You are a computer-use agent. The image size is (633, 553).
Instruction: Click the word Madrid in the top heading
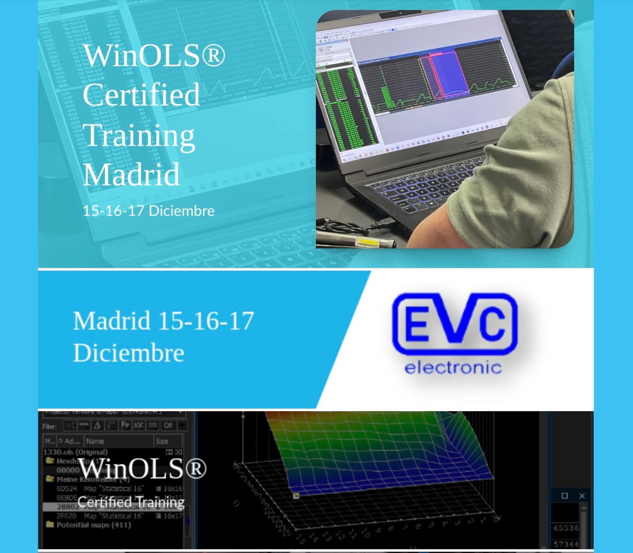coord(131,175)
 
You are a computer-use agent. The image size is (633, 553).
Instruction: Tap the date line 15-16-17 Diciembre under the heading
coord(149,211)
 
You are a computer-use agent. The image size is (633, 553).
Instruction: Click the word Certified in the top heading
coord(141,95)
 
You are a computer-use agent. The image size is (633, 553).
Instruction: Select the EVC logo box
coord(454,324)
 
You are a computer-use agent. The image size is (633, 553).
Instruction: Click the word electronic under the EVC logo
coord(453,367)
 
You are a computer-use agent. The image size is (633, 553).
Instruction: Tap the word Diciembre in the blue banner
coord(129,353)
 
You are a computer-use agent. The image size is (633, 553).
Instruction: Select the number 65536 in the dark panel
coord(566,527)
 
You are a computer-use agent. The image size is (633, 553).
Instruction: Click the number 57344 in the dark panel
coord(566,544)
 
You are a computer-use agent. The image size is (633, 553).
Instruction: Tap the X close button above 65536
coord(582,496)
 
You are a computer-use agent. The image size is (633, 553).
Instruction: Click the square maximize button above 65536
coord(565,496)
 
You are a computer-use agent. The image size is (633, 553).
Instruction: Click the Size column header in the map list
coord(162,441)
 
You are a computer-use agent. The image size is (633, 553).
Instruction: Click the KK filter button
coord(138,425)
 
